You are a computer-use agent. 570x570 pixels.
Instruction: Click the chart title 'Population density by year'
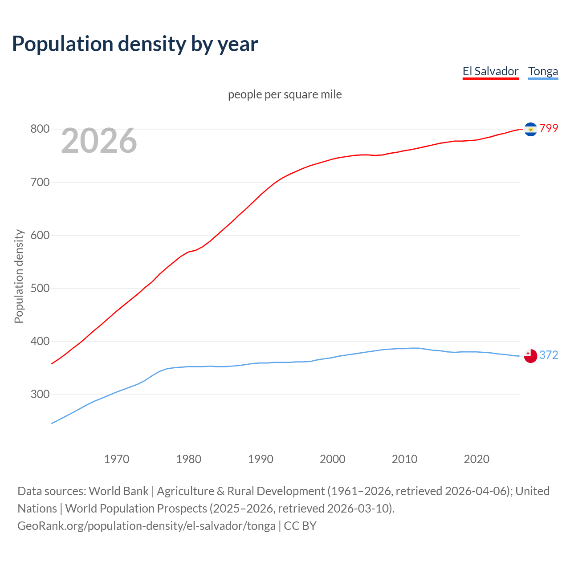click(x=135, y=44)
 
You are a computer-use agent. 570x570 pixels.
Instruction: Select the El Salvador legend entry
click(x=490, y=71)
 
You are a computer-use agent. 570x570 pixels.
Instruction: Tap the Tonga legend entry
click(x=543, y=71)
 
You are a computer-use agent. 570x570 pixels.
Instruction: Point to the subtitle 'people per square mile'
click(x=285, y=94)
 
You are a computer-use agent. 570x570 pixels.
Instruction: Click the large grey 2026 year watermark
click(x=99, y=141)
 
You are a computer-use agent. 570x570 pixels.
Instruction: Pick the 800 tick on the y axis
click(x=40, y=129)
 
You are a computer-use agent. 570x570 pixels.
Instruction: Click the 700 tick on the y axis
click(x=40, y=182)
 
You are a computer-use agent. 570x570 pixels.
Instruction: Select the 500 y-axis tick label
click(x=40, y=288)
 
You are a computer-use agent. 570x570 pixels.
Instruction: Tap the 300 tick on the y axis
click(x=40, y=395)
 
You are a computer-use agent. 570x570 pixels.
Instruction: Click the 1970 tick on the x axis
click(x=117, y=459)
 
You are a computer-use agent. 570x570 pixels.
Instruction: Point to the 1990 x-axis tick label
click(x=261, y=459)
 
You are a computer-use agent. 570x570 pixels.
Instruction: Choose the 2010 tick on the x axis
click(x=404, y=459)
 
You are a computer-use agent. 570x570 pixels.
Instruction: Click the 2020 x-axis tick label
click(x=476, y=459)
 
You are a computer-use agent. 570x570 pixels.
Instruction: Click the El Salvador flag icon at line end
click(x=530, y=129)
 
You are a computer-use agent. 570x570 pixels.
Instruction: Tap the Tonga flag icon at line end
click(x=530, y=356)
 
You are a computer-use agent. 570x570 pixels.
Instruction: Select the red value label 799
click(x=549, y=128)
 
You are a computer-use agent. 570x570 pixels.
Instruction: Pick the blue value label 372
click(x=549, y=355)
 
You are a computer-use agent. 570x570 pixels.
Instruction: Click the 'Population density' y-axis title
click(x=19, y=276)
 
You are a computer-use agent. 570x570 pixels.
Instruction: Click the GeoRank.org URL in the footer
click(x=147, y=526)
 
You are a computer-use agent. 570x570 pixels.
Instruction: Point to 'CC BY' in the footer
click(x=300, y=526)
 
